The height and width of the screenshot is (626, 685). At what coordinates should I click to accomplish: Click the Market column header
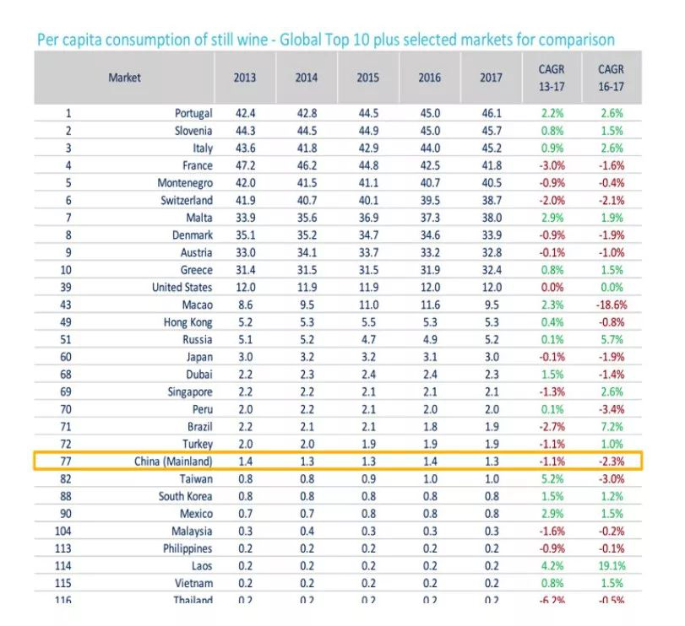click(124, 78)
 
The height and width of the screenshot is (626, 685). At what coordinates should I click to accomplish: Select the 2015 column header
click(367, 78)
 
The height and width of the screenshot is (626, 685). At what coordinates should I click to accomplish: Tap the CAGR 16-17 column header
click(611, 78)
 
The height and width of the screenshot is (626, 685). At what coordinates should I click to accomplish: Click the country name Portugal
click(193, 113)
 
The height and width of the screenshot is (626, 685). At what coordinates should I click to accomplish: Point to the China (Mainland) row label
click(173, 461)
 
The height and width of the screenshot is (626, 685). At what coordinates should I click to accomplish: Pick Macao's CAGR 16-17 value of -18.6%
click(609, 305)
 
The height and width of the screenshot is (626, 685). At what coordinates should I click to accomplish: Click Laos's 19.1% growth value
click(610, 565)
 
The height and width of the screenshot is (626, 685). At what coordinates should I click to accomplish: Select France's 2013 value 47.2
click(245, 165)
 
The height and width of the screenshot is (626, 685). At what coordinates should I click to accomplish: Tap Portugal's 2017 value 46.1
click(491, 113)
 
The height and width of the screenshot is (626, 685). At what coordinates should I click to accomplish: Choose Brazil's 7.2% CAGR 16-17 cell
click(611, 426)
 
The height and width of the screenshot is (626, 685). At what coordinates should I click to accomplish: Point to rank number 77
click(68, 461)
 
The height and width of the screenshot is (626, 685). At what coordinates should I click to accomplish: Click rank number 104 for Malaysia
click(68, 531)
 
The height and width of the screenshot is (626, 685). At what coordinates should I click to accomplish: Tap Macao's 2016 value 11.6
click(429, 305)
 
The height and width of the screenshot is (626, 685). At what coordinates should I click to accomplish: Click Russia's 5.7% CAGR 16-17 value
click(611, 339)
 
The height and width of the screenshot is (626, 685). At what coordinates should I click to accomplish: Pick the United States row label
click(182, 287)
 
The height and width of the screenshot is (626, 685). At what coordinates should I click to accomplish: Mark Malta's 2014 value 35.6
click(306, 218)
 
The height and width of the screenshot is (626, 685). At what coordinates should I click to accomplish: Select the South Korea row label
click(185, 496)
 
